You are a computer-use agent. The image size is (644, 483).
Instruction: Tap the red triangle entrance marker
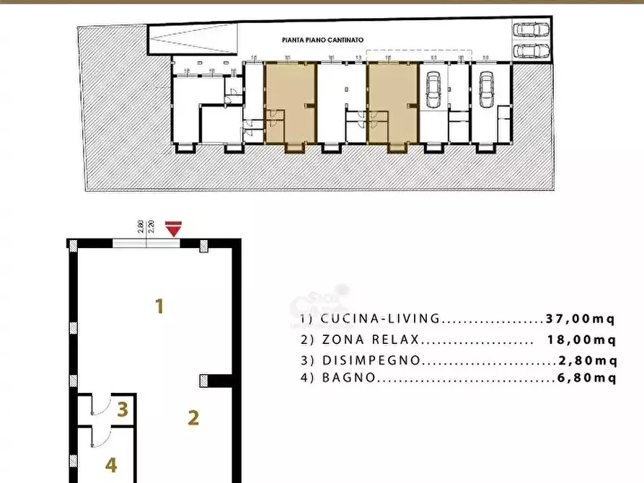[172, 229]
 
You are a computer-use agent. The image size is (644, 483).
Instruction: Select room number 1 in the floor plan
[159, 306]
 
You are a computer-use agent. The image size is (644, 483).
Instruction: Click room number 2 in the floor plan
[193, 417]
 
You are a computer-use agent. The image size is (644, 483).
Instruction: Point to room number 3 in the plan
[123, 410]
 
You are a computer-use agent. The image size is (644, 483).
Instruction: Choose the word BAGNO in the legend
[348, 378]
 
